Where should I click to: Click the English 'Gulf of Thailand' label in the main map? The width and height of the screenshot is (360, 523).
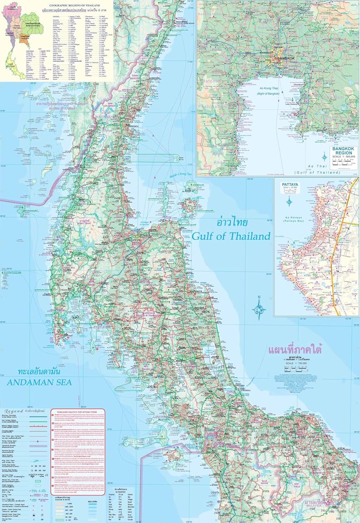pos(231,236)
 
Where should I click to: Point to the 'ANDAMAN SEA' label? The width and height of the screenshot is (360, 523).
pos(39,382)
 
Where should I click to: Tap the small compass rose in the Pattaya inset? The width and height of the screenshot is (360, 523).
pos(290,201)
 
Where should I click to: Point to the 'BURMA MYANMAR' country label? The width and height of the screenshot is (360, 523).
pos(61,108)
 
